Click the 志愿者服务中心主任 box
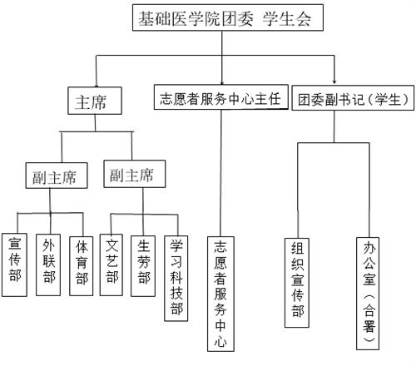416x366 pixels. [x=220, y=98]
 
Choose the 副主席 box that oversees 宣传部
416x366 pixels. [x=50, y=176]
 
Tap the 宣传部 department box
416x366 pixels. [x=15, y=264]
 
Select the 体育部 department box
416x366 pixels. [x=82, y=264]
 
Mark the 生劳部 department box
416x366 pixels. [x=144, y=264]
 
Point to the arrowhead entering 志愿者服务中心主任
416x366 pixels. [x=220, y=81]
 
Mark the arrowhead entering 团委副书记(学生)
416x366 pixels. [x=335, y=81]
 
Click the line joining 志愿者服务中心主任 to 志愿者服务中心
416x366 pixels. [x=220, y=166]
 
